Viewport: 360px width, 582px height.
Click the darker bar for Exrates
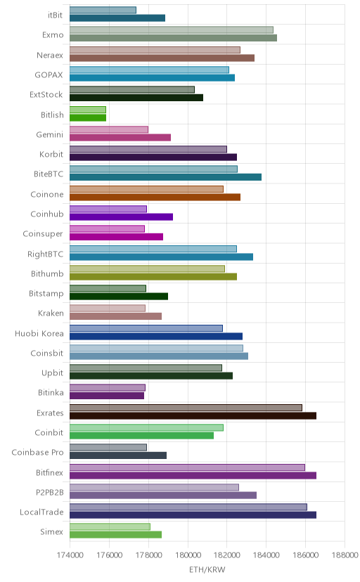coord(193,415)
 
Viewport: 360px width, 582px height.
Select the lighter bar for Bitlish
coord(88,110)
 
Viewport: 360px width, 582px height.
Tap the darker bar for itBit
coord(117,18)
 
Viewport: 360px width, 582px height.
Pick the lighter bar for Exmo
coord(172,30)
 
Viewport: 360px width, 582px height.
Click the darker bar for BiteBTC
coord(165,177)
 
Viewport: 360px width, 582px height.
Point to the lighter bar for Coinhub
coord(108,209)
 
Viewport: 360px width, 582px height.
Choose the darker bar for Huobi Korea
coord(156,336)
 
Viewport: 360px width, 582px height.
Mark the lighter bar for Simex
coord(110,526)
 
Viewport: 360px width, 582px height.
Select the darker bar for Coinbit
coord(142,435)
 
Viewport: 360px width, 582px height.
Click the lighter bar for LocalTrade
coord(188,507)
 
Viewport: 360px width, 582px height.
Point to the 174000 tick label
coord(70,555)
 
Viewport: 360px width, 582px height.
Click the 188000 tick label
coord(345,555)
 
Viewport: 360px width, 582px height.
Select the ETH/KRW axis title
coord(207,570)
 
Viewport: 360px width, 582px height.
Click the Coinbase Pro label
coord(37,453)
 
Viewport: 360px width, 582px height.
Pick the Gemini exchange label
coord(50,134)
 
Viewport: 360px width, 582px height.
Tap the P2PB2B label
coord(50,492)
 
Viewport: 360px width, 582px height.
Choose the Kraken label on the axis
coord(51,313)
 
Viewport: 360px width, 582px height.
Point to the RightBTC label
coord(45,254)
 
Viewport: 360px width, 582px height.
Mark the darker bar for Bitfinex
coord(193,475)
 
